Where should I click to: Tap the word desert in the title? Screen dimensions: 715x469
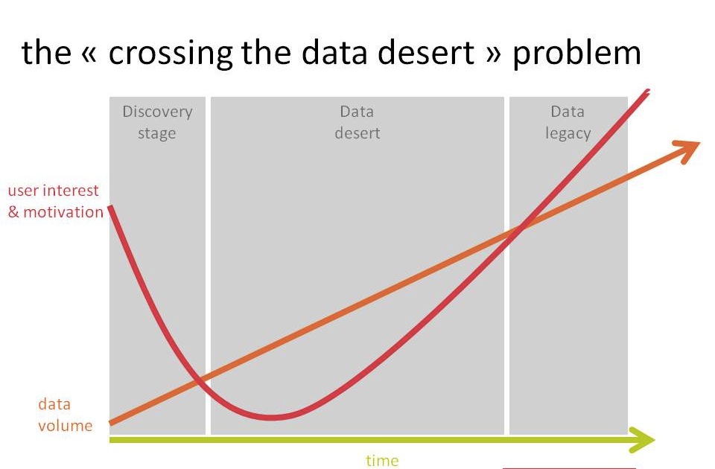coord(426,53)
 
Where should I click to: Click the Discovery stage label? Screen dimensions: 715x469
coord(157,123)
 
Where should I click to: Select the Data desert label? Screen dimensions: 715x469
coord(357,122)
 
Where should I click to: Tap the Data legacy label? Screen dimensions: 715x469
coord(568,123)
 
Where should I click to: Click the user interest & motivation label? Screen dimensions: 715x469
coord(56,201)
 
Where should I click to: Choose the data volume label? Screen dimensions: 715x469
coord(66,415)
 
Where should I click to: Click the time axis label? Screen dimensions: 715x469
coord(382,460)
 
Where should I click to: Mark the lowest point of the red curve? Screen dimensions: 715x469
coord(273,417)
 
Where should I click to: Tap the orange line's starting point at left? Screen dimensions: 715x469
coord(111,423)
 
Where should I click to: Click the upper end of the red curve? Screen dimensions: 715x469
coord(647,91)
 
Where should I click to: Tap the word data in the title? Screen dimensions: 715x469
coord(334,53)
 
